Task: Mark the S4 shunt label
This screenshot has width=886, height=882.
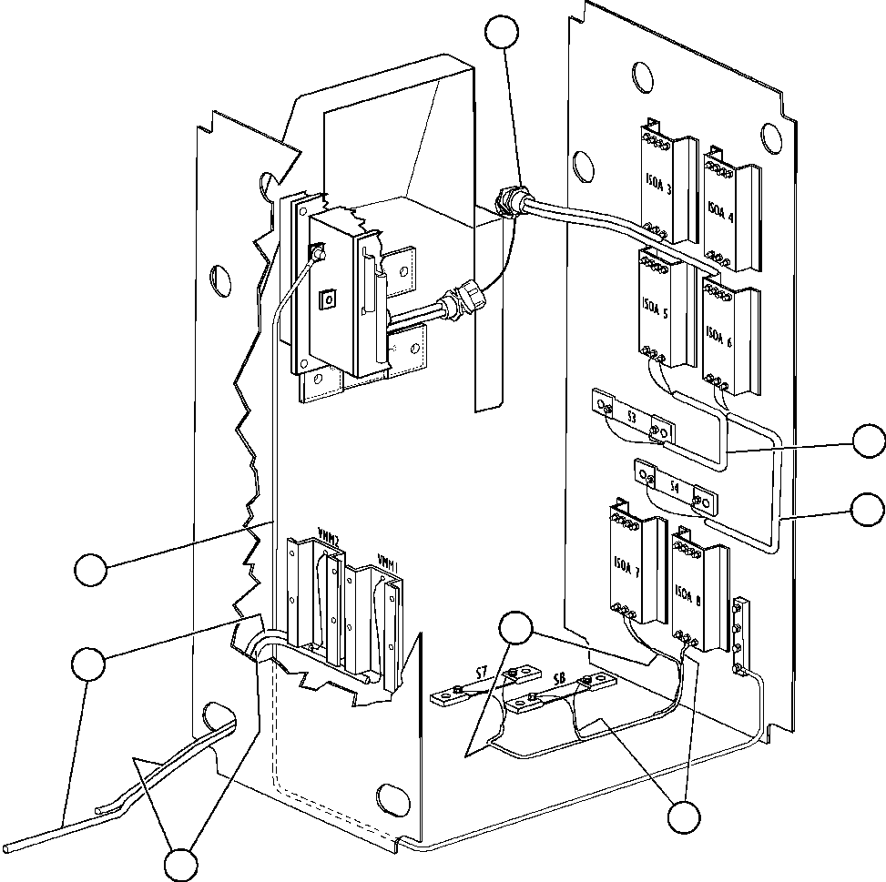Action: click(x=674, y=488)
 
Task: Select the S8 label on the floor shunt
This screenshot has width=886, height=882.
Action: click(x=558, y=681)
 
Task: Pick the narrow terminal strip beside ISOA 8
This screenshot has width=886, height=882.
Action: click(x=743, y=628)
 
